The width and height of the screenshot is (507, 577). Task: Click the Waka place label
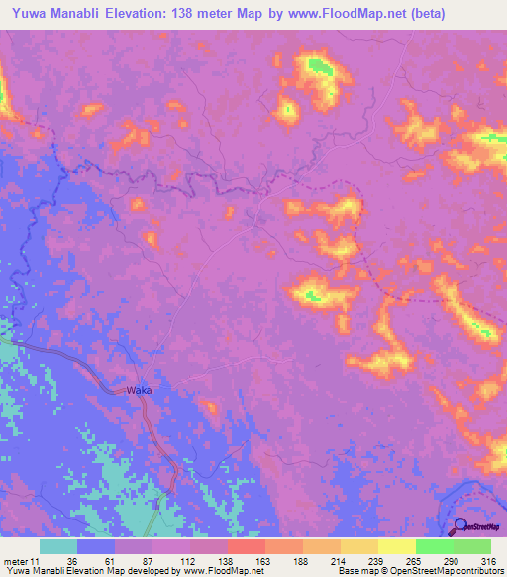point(139,391)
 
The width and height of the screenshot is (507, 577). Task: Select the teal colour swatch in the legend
point(58,546)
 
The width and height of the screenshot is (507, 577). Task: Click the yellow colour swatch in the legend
point(397,546)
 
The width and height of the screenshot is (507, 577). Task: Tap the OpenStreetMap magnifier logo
point(458,527)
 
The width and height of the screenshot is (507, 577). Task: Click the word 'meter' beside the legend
point(17,561)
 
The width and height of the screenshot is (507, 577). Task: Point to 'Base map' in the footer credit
point(357,572)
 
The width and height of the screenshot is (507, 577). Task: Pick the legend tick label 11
point(37,561)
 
